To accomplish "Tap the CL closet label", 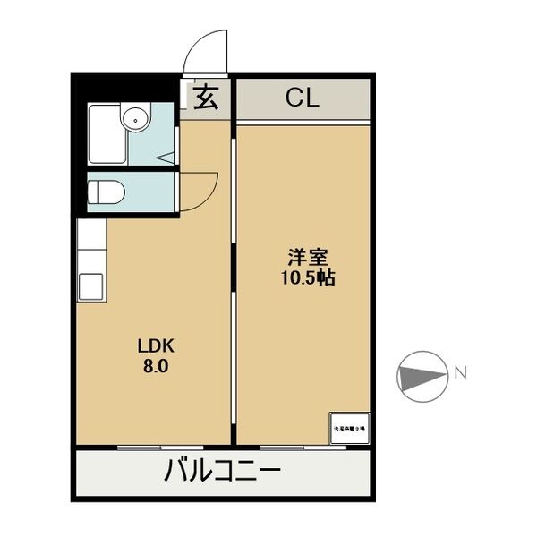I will pos(302,98).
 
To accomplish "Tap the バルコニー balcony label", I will pos(223,471).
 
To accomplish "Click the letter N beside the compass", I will pos(461,371).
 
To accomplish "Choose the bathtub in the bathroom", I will pos(107,134).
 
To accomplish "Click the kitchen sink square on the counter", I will pos(91,286).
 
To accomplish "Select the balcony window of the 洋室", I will pos(304,446).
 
